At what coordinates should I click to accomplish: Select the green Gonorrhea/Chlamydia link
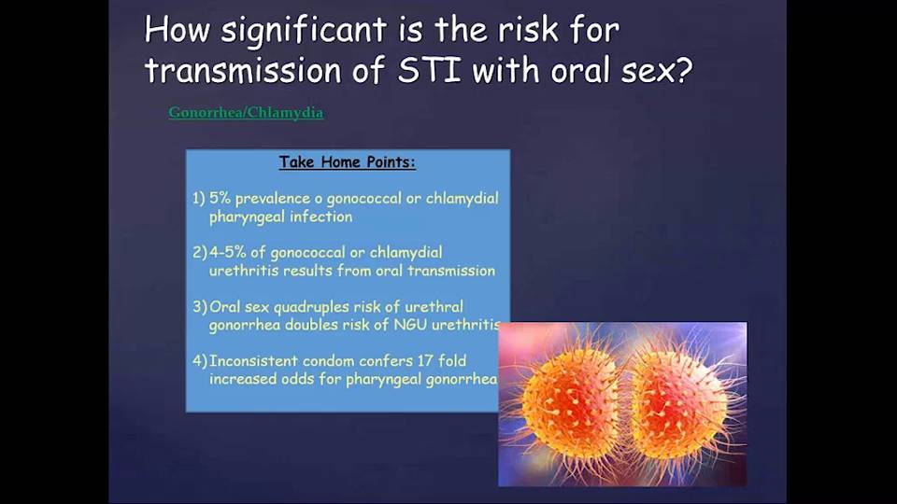[246, 113]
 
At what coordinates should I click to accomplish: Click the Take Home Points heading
[348, 162]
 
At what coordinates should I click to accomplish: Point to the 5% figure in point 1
[220, 198]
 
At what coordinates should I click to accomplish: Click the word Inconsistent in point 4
[253, 361]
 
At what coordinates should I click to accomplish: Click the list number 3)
[200, 307]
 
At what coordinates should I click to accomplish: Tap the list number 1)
[198, 198]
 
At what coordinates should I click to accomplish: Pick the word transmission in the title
[243, 70]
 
